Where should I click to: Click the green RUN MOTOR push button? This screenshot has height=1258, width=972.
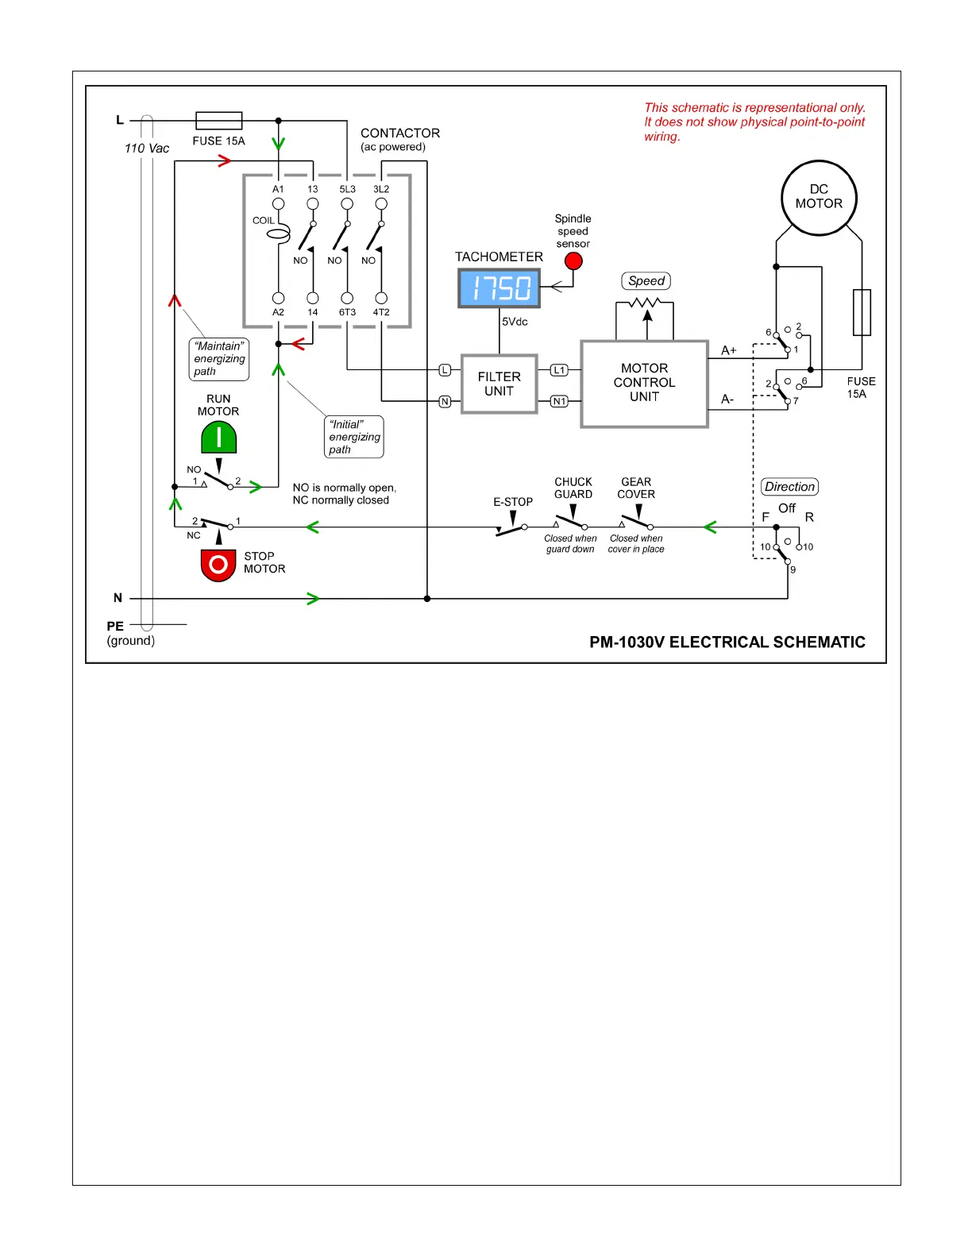point(218,438)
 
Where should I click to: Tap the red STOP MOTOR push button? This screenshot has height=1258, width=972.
point(218,565)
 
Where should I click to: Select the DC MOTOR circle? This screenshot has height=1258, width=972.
point(819,198)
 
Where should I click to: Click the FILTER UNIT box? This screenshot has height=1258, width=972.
point(499,384)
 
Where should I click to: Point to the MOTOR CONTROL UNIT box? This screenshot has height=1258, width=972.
point(644,384)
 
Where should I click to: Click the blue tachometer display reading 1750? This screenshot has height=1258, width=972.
point(499,287)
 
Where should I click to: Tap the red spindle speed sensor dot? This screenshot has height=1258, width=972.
point(573,261)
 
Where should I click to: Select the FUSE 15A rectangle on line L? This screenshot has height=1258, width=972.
point(218,121)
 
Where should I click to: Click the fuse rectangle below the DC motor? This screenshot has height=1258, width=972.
point(862,312)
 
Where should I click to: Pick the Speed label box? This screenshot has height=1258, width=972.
point(646,281)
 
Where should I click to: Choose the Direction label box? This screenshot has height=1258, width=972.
point(789,487)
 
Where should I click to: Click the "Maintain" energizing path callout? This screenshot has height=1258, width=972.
point(219,359)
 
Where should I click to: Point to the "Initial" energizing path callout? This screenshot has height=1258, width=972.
point(354,437)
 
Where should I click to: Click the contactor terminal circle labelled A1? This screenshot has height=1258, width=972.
point(278,204)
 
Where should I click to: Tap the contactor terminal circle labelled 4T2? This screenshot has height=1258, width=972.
point(381,299)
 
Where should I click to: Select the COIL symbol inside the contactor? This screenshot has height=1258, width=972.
point(278,233)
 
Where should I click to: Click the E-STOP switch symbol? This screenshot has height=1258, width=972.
point(511,527)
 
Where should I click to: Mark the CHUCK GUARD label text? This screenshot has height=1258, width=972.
point(573,488)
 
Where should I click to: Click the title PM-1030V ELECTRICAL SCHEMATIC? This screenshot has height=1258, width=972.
point(727,642)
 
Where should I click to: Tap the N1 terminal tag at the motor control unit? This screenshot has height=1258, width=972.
point(560,402)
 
